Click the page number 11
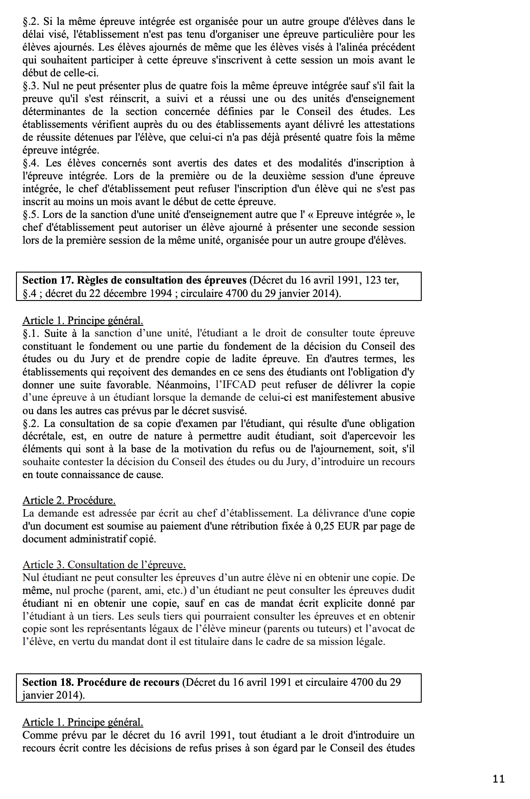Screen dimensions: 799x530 coord(498,779)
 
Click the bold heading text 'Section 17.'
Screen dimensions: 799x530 coord(48,280)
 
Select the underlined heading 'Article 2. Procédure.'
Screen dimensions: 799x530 coord(69,500)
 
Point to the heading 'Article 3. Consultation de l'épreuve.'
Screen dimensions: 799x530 coord(104,565)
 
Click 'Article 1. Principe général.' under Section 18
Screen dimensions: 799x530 coord(83,722)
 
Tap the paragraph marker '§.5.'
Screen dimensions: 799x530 coord(31,214)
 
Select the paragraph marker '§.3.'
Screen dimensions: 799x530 coord(31,86)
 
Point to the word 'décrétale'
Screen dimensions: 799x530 coord(43,436)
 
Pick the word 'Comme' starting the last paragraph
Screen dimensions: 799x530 coord(40,735)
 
